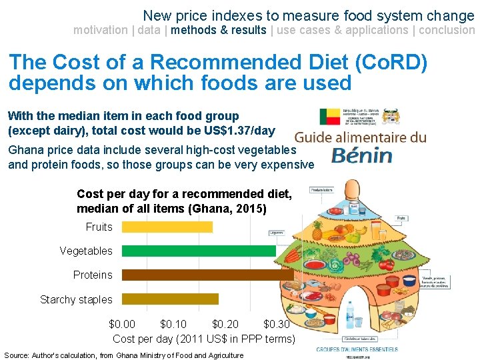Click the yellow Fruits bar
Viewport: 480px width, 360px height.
[x=167, y=227]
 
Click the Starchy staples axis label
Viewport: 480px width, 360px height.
[x=76, y=300]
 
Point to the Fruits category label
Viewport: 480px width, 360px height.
[x=99, y=227]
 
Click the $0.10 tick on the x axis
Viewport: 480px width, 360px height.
[x=174, y=325]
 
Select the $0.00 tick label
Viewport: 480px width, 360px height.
[x=122, y=325]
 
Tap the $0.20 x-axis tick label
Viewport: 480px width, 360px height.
[x=225, y=325]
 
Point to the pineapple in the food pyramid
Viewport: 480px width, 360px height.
[x=317, y=231]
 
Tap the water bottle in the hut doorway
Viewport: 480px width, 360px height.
[x=350, y=313]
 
